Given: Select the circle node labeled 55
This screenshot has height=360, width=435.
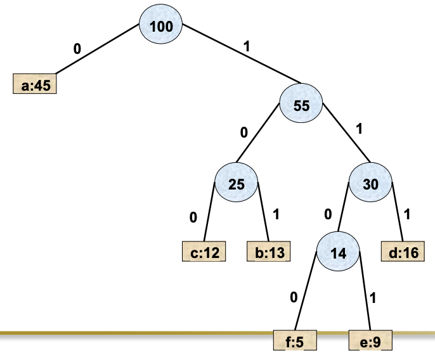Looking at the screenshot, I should click(302, 106).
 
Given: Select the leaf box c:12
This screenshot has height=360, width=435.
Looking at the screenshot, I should click(204, 252).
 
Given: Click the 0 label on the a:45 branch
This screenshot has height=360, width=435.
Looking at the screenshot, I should click(77, 48).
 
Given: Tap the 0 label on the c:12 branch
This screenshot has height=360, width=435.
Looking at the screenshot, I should click(193, 217).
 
